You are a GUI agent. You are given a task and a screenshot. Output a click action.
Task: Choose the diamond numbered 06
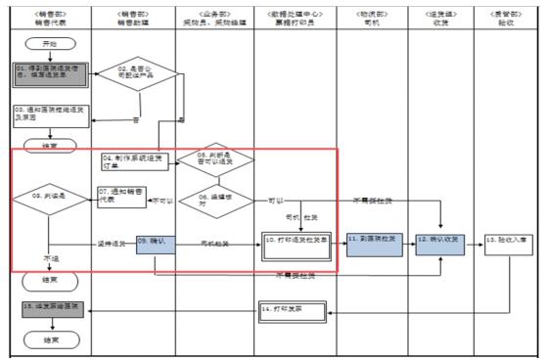point(215,199)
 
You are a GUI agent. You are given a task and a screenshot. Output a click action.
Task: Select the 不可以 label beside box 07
point(161,202)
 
